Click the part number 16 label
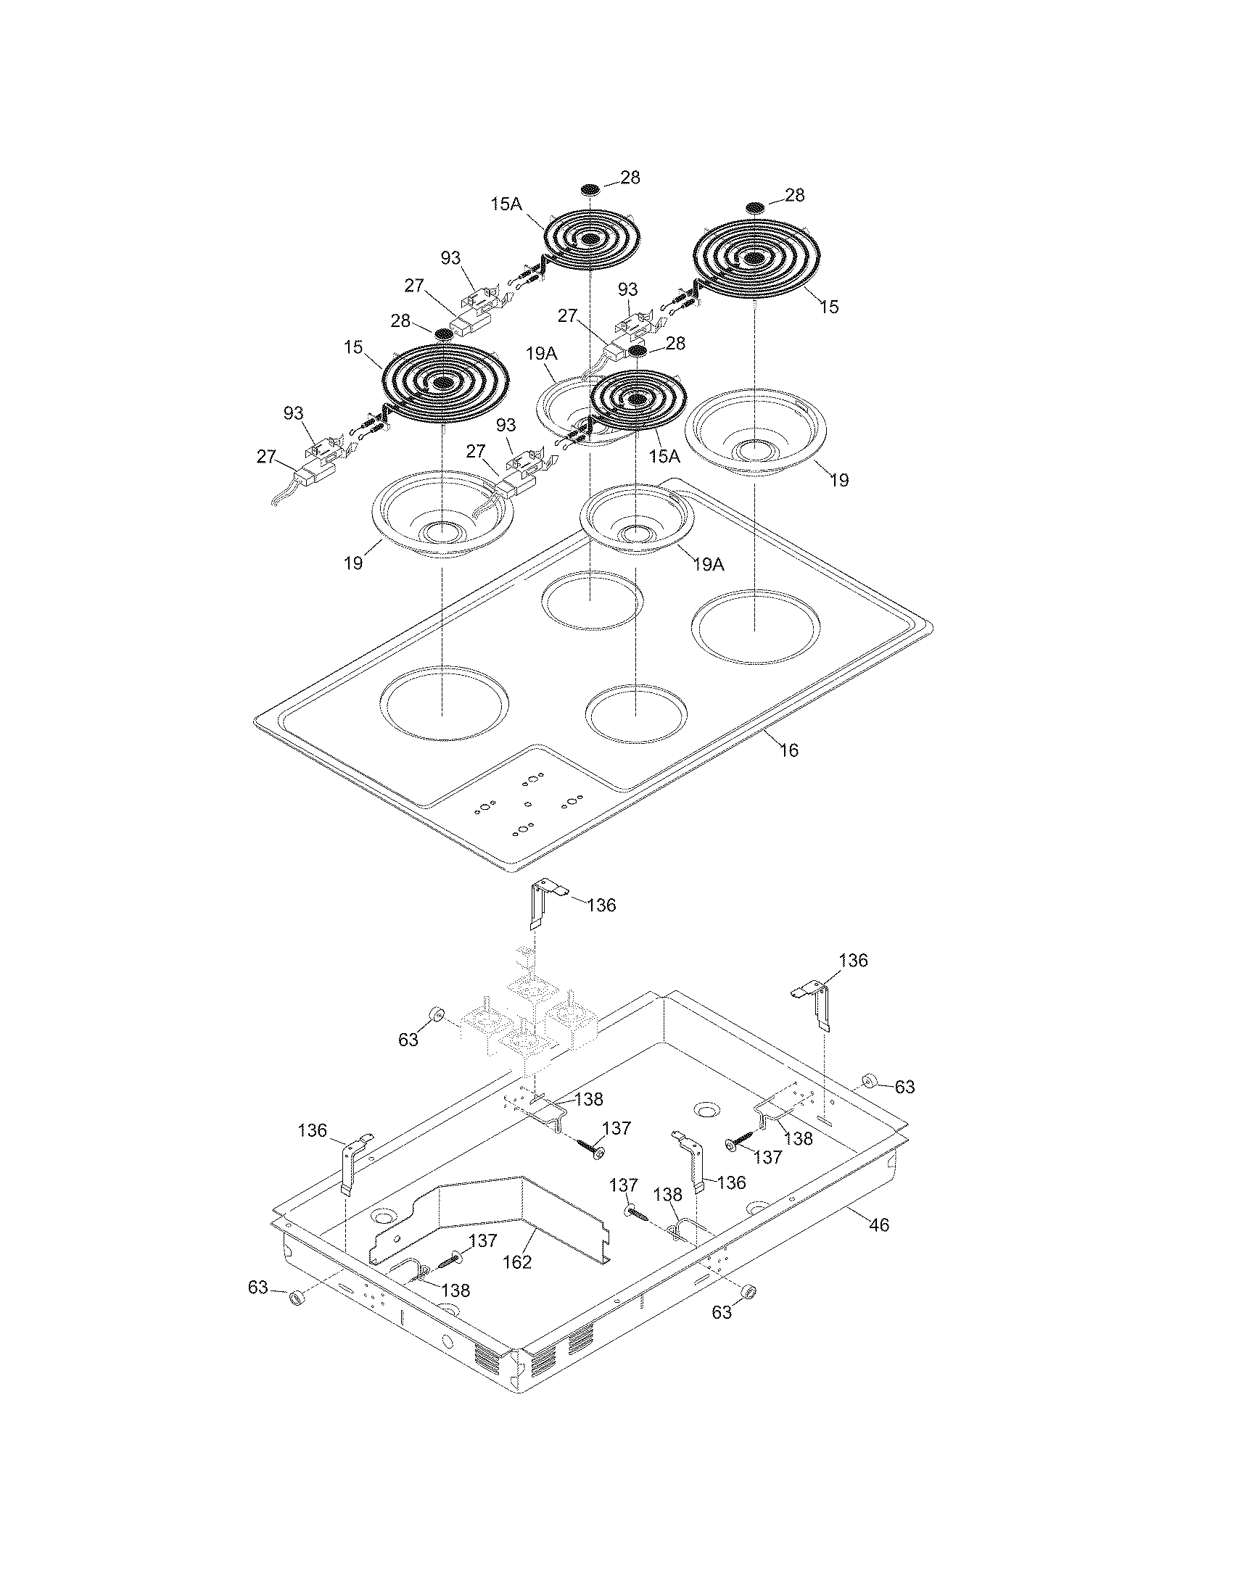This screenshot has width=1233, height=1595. (789, 750)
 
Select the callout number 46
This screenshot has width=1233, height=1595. (880, 1225)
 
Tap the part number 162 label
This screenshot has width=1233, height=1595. (517, 1261)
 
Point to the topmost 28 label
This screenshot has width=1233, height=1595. (630, 178)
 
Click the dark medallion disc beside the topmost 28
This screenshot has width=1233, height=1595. (593, 189)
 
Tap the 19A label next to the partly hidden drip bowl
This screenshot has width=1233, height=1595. (540, 355)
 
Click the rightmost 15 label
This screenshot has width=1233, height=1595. (828, 307)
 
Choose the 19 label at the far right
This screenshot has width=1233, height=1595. (840, 480)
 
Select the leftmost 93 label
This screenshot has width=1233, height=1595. (294, 413)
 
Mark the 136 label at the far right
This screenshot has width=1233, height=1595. (853, 961)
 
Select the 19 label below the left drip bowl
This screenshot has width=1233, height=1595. (353, 564)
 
